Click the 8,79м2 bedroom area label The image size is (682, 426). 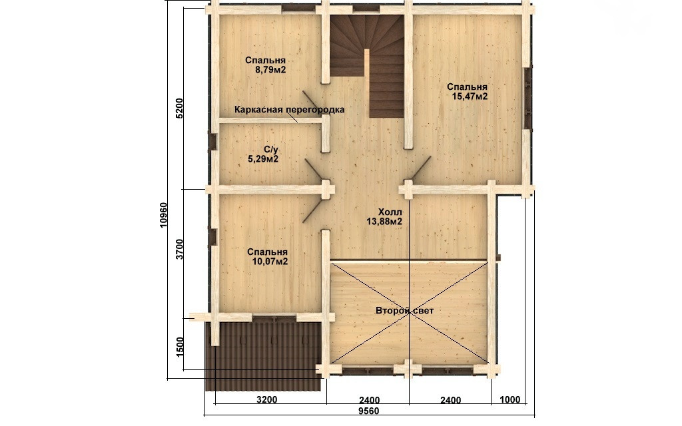(270, 69)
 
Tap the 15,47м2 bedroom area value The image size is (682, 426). (470, 97)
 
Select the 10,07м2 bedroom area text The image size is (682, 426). (270, 262)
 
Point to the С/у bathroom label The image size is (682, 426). (271, 150)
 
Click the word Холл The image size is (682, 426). (390, 212)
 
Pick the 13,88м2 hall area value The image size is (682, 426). (384, 222)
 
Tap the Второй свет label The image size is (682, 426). (404, 311)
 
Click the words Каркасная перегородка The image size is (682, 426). (289, 110)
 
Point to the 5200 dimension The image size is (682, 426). (180, 108)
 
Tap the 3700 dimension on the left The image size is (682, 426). (180, 250)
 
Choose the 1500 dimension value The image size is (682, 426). (180, 346)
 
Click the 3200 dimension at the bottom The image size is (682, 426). (266, 399)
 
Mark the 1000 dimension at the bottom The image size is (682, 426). (510, 399)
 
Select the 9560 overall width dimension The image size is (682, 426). (369, 411)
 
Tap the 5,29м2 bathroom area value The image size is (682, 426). (263, 159)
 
